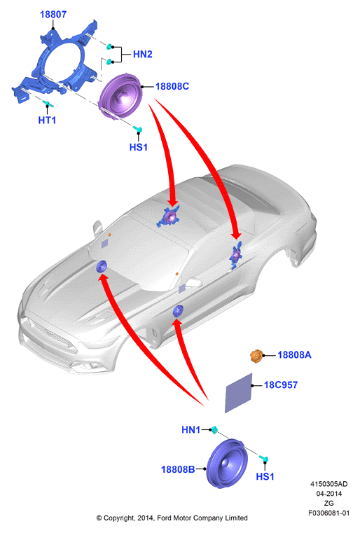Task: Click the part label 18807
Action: coord(53,15)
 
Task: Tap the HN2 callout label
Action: coord(142,55)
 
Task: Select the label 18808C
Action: coord(172,86)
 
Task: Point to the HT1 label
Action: coord(47,120)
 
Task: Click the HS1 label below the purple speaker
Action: coord(139,147)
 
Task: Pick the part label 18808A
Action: coord(294,355)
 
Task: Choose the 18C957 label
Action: coord(281,385)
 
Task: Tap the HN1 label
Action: coord(191,429)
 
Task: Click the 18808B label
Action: coord(178,469)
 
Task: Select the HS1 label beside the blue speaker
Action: coord(265,476)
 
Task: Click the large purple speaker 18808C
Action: coord(119,96)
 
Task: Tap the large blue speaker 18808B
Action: coord(227,464)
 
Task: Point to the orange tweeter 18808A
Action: coord(256,356)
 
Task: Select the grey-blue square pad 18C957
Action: coord(239,393)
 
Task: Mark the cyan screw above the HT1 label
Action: coord(46,103)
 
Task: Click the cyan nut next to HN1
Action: coord(214,429)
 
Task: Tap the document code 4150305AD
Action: coord(328,484)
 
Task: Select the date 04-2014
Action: coord(329,493)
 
